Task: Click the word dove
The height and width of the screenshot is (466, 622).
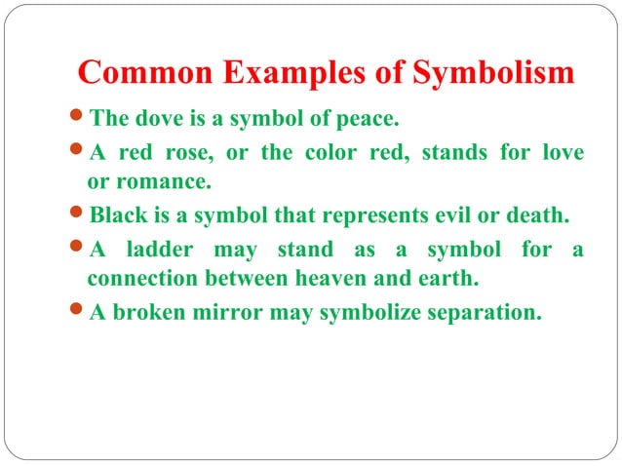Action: (x=148, y=121)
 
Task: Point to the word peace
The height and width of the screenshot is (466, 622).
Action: (x=369, y=121)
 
